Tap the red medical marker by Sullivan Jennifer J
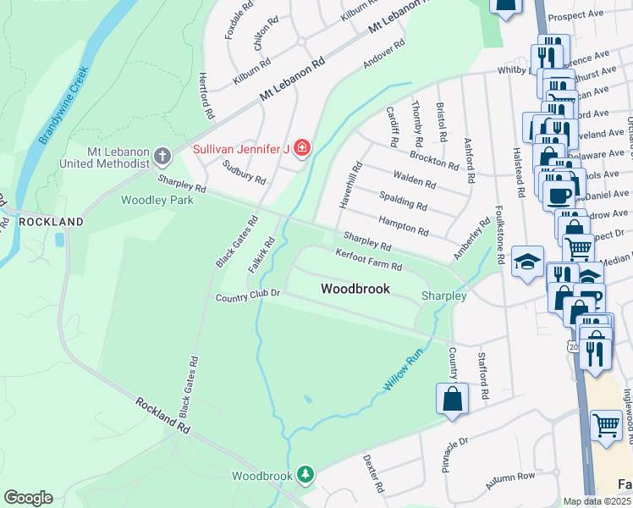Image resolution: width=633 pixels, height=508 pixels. pos(301,149)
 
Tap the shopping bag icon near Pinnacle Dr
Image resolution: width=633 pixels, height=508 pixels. pos(452,399)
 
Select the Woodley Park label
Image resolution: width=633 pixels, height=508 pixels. pos(157,201)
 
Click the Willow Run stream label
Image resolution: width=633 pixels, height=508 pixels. pos(401,373)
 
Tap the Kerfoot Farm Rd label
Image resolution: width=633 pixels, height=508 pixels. pos(368,260)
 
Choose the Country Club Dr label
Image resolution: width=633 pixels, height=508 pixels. pos(247,296)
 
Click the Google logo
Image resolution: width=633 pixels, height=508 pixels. pos(28,498)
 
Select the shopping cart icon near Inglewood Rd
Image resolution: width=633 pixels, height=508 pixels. pos(606,426)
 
